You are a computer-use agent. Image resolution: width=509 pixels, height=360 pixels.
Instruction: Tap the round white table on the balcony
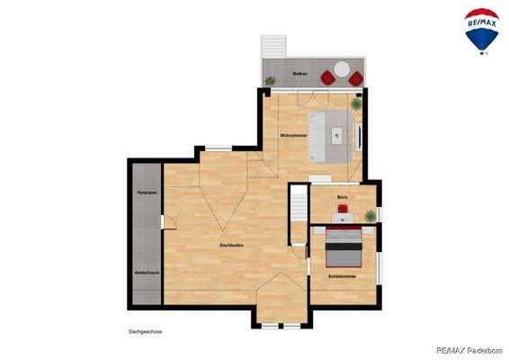[342, 70]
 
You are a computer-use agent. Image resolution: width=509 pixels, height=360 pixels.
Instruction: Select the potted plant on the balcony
[270, 81]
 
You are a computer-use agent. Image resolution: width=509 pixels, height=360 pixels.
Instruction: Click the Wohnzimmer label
[294, 135]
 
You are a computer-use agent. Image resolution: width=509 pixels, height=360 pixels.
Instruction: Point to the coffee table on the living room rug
[336, 138]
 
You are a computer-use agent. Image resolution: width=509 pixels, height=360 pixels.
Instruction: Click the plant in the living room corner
[355, 103]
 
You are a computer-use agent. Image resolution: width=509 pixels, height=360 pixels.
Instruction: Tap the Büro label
[343, 196]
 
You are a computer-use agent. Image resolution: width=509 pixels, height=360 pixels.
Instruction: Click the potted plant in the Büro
[371, 214]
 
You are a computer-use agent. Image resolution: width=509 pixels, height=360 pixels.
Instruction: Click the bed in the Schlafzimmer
[344, 243]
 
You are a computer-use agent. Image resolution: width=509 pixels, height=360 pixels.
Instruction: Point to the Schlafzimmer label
[342, 275]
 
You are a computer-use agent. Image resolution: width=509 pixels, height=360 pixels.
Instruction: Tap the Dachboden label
[233, 245]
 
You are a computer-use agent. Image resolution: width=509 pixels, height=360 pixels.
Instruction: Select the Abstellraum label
[147, 273]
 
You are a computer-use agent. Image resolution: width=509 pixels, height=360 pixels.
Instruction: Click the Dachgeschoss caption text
[145, 332]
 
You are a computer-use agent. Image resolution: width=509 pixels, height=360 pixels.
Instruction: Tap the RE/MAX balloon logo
[482, 30]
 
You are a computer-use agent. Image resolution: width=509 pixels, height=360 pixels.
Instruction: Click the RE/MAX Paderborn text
[469, 350]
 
